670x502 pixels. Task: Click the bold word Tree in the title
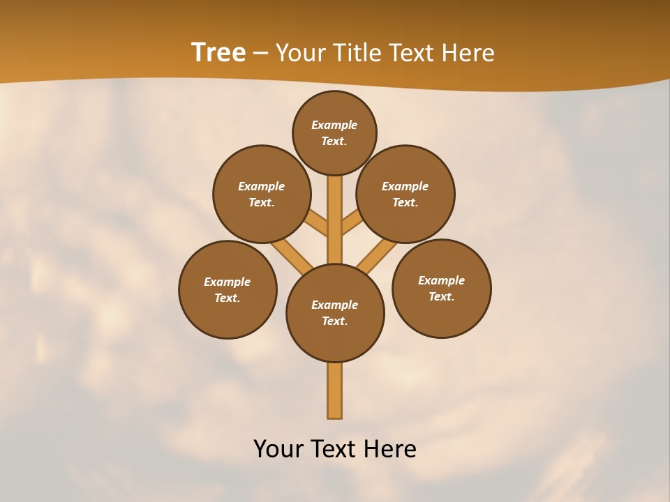[218, 53]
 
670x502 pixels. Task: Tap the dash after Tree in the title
[260, 54]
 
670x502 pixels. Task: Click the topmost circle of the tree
[334, 132]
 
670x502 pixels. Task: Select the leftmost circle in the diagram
[228, 289]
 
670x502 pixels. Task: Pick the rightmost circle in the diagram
[441, 288]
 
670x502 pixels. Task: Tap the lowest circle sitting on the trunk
[335, 313]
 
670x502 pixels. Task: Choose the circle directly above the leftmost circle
[262, 194]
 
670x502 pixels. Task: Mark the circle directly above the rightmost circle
[405, 194]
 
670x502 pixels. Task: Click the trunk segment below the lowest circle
[335, 390]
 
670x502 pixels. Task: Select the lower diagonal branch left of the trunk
[292, 255]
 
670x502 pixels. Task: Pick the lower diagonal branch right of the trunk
[378, 255]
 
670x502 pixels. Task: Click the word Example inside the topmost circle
[334, 125]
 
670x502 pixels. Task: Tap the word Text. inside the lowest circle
[334, 321]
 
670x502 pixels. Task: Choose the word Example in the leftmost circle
[227, 282]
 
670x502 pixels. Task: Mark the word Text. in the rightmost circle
[441, 297]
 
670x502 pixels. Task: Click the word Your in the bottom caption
[278, 449]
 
